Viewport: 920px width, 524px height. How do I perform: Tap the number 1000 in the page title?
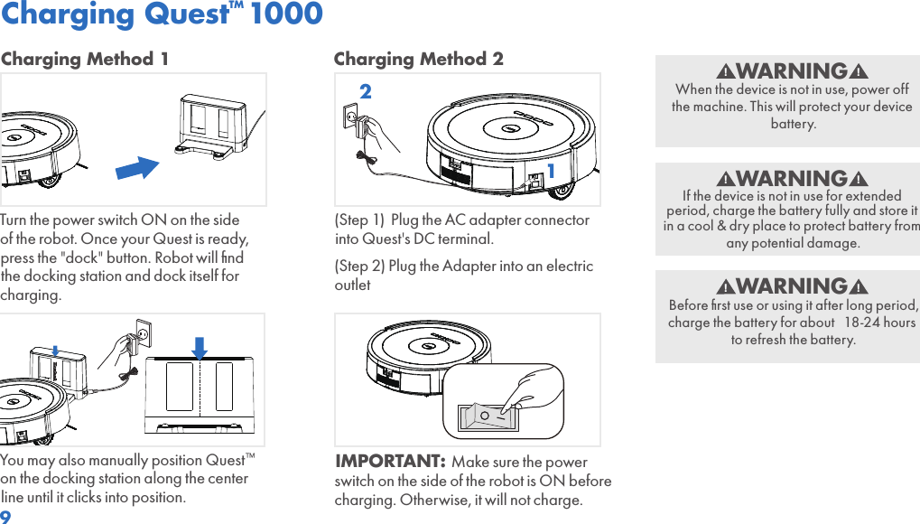pyautogui.click(x=286, y=13)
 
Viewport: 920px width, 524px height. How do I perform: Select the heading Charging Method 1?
pyautogui.click(x=85, y=59)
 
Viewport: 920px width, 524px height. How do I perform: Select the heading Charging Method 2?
pyautogui.click(x=418, y=59)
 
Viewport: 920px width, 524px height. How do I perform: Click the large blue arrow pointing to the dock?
pyautogui.click(x=137, y=168)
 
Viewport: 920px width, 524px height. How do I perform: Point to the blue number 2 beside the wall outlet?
pyautogui.click(x=366, y=91)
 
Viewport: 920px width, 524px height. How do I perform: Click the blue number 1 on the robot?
pyautogui.click(x=551, y=171)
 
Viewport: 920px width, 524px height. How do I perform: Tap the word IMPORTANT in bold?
pyautogui.click(x=390, y=461)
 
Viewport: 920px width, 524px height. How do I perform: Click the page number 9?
pyautogui.click(x=5, y=517)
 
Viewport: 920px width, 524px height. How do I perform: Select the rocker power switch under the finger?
pyautogui.click(x=488, y=416)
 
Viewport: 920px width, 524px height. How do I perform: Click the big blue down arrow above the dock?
pyautogui.click(x=200, y=349)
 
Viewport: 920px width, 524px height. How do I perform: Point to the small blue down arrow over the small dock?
pyautogui.click(x=55, y=351)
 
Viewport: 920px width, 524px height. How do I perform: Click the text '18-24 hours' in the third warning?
pyautogui.click(x=879, y=323)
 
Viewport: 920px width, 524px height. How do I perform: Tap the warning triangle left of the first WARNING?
pyautogui.click(x=725, y=71)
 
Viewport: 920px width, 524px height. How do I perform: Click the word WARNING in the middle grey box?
pyautogui.click(x=792, y=178)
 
